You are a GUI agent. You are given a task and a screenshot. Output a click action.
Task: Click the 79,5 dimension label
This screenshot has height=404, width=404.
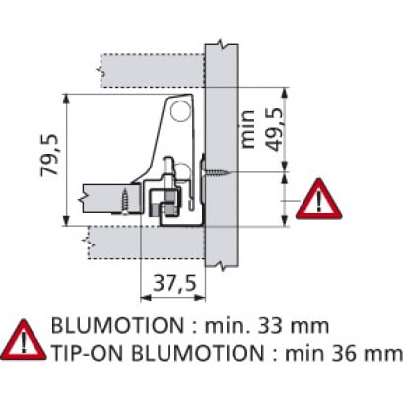50,156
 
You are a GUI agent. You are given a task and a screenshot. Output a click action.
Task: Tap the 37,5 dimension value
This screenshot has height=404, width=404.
175,283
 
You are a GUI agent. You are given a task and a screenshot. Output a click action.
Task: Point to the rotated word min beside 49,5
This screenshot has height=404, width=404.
247,129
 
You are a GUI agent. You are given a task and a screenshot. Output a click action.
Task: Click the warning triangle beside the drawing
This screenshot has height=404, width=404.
318,199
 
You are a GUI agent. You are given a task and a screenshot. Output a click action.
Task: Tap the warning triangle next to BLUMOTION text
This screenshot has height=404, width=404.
24,340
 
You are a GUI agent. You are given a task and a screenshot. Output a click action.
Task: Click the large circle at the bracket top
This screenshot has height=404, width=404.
180,110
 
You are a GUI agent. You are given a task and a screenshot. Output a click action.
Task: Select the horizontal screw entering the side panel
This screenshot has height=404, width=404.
217,171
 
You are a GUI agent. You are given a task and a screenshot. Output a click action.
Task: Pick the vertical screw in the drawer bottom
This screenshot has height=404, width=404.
125,201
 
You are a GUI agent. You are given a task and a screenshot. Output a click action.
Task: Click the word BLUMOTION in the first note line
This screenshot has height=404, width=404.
117,326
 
